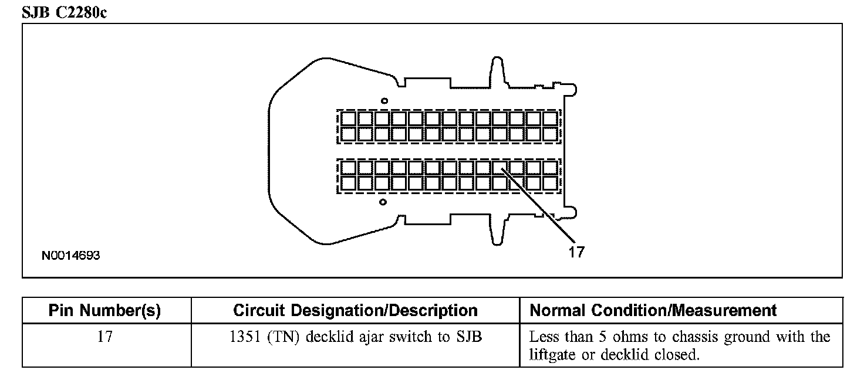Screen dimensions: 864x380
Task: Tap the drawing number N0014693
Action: coord(70,256)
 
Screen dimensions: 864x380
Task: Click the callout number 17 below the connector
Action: coord(576,252)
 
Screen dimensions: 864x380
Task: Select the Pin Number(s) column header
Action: coord(104,310)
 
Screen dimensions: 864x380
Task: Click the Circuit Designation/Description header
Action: coord(355,310)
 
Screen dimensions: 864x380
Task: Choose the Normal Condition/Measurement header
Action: coord(653,310)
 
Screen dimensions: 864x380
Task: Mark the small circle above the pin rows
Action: coord(383,100)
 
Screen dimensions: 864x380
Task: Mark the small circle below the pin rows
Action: coord(383,202)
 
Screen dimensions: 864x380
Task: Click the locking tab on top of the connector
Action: coord(497,70)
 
